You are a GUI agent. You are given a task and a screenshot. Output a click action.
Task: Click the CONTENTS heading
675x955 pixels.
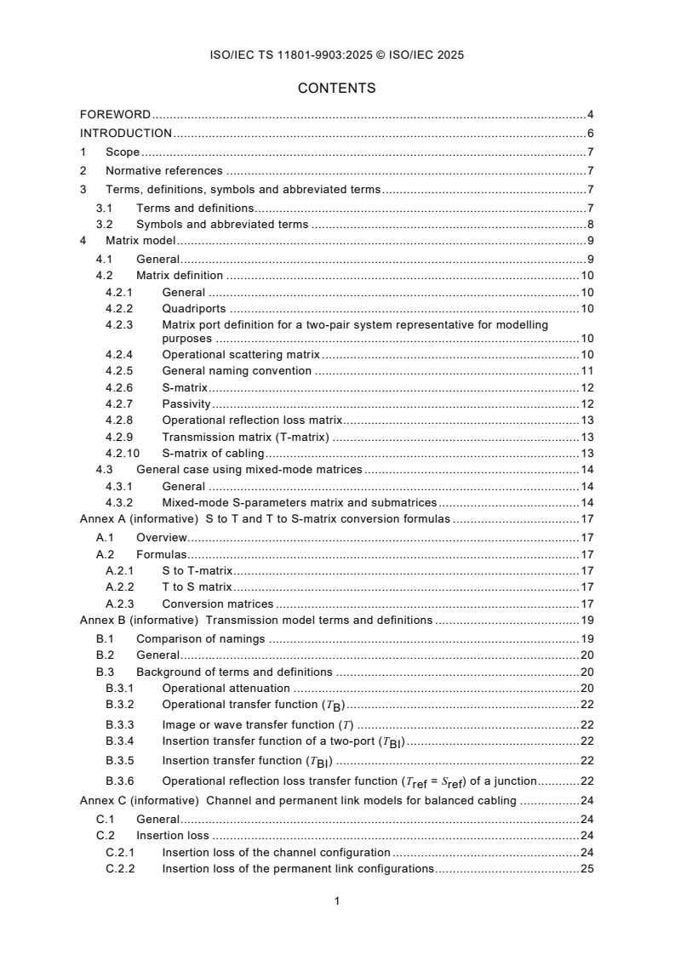click(337, 88)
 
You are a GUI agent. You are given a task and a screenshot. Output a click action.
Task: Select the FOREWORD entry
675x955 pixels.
click(116, 113)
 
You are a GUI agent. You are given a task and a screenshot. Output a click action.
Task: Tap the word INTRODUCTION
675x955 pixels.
click(126, 133)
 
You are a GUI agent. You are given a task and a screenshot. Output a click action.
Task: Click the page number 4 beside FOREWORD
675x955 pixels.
click(590, 113)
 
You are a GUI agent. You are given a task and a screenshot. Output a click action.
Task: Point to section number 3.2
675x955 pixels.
click(104, 225)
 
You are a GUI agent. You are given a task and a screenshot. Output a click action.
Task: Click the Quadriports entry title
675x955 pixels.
click(193, 308)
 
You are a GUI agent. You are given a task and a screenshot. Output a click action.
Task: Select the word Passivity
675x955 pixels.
click(186, 403)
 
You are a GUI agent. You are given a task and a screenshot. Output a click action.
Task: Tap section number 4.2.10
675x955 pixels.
click(122, 453)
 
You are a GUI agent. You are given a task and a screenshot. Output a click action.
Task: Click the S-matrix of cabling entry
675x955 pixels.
click(213, 453)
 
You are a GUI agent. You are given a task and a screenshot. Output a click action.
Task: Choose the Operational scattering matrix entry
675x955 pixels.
click(241, 354)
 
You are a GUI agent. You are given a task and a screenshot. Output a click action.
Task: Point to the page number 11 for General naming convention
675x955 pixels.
click(587, 370)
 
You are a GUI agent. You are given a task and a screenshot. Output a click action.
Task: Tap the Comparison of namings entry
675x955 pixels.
click(201, 638)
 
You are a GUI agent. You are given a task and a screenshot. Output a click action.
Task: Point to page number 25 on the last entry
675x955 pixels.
click(586, 869)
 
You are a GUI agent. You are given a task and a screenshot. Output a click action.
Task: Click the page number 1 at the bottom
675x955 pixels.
click(337, 901)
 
